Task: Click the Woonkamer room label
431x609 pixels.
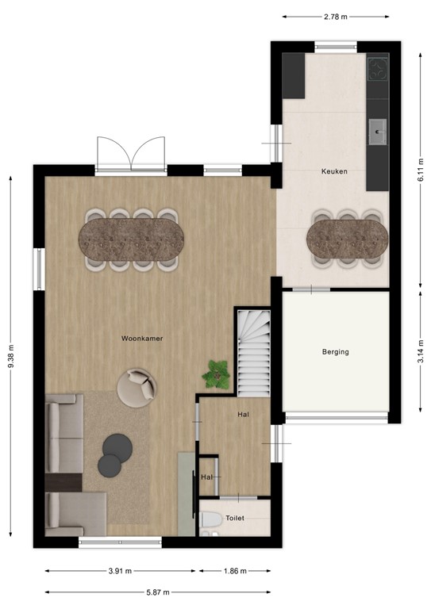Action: [x=143, y=339]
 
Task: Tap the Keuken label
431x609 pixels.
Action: [x=333, y=171]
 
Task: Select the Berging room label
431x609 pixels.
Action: [x=335, y=351]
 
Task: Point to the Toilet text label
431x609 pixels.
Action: [x=236, y=518]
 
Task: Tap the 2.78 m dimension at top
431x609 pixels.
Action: [x=337, y=16]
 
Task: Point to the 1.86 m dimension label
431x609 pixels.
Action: [x=234, y=571]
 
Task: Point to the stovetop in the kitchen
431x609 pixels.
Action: [x=377, y=70]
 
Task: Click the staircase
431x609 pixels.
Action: [x=253, y=353]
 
